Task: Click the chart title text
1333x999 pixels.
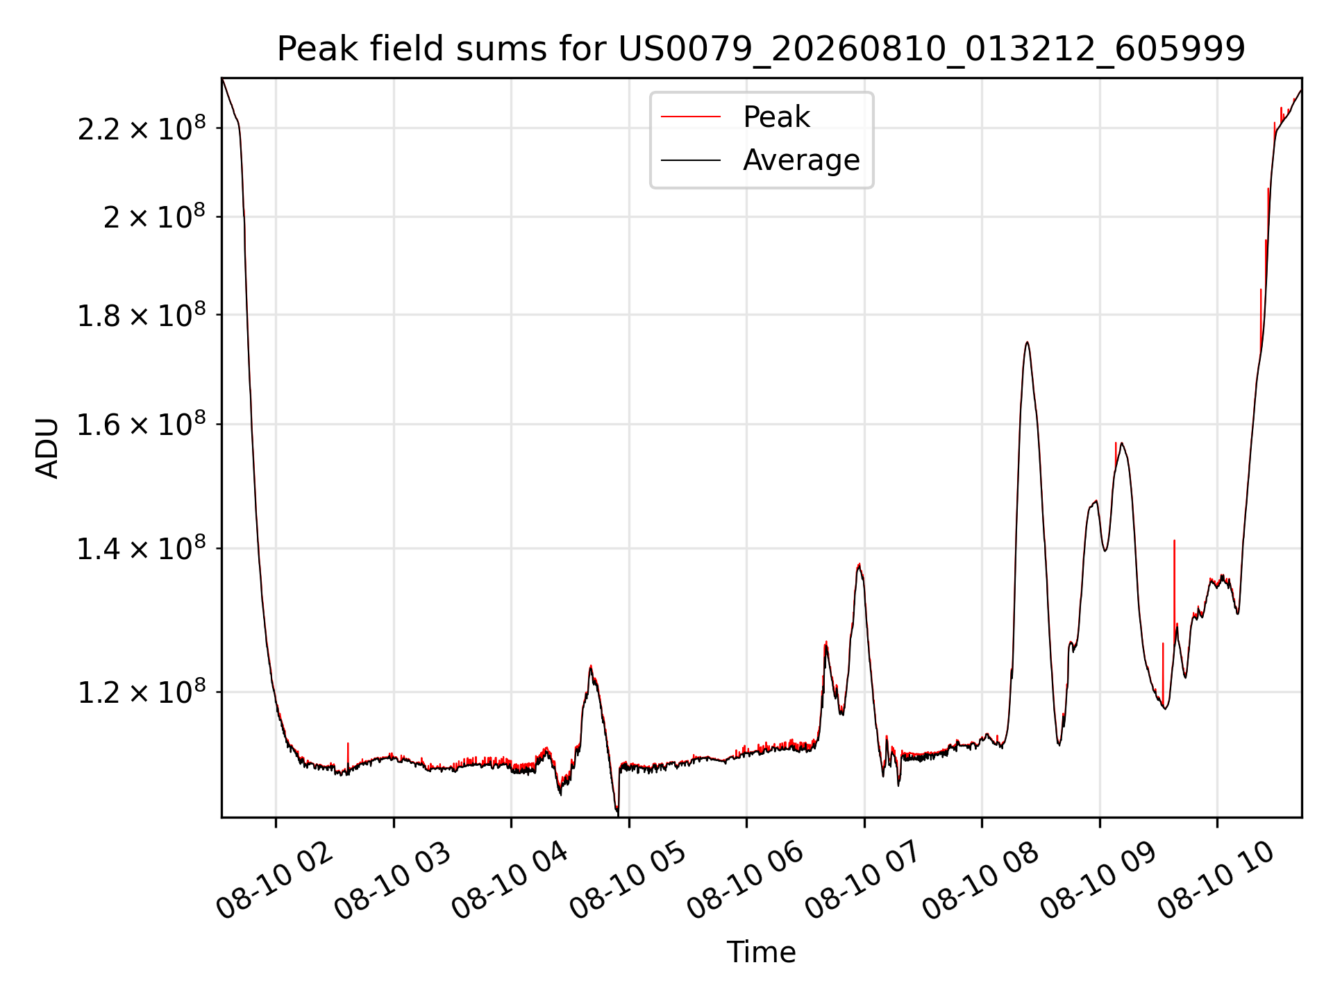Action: tap(761, 49)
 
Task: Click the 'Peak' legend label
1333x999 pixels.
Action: tap(776, 117)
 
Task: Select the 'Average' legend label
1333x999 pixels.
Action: tap(801, 160)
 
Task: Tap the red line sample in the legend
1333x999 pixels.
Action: tap(691, 117)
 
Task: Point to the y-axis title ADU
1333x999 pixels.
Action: tap(47, 447)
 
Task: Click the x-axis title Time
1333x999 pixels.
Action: tap(761, 952)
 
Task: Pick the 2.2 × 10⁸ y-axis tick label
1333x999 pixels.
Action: tap(142, 128)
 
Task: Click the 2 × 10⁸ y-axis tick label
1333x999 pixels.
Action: tap(154, 216)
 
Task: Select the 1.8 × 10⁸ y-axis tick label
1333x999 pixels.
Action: tap(142, 315)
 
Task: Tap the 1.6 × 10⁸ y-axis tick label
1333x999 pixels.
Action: tap(142, 424)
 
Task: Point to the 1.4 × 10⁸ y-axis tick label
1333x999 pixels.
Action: tap(142, 549)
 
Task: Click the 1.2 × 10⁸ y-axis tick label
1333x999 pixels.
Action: tap(142, 692)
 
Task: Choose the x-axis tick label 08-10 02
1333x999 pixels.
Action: tap(275, 880)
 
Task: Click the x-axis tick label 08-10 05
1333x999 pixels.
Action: tap(628, 880)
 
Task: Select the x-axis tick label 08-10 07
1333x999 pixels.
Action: tap(864, 880)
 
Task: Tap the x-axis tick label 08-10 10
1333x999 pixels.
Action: tap(1217, 880)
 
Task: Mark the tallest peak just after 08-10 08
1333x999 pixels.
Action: tap(1027, 342)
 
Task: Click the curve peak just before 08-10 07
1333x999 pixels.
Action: tap(860, 565)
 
